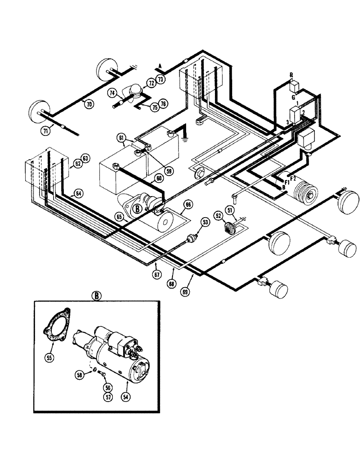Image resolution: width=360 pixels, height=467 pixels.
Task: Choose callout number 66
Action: (x=187, y=204)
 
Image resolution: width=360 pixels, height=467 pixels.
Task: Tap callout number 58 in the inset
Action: (x=80, y=375)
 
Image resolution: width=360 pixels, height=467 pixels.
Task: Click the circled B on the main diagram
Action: (x=138, y=209)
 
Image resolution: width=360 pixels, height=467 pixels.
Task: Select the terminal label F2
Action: (x=293, y=177)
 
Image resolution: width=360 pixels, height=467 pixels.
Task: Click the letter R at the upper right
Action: (x=291, y=75)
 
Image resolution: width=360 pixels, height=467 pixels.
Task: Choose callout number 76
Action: (x=163, y=103)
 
